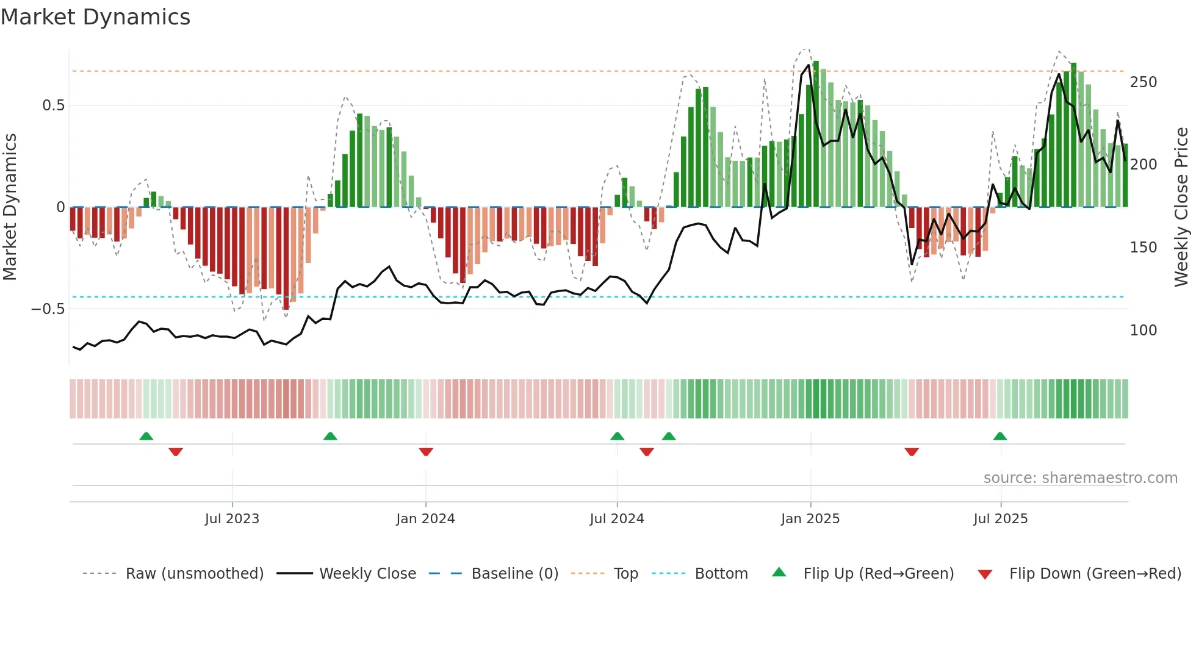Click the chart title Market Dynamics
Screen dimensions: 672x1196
pos(96,17)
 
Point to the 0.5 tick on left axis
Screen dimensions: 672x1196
pos(53,105)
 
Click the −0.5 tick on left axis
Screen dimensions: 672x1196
pos(48,309)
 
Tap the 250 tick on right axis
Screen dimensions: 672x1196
pos(1143,82)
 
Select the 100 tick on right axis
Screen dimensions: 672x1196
pos(1143,331)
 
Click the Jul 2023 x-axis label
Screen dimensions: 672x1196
pos(232,519)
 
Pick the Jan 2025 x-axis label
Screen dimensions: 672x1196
pos(810,519)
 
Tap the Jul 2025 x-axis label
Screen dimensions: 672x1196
pos(1000,519)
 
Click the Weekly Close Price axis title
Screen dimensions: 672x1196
pos(1181,207)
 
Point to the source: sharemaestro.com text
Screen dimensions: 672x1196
pos(1080,478)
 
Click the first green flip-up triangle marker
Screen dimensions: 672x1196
pos(146,436)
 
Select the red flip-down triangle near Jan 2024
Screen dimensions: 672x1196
pos(426,452)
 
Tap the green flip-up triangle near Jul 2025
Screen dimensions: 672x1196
pos(1000,436)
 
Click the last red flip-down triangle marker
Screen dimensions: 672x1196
pos(912,452)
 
